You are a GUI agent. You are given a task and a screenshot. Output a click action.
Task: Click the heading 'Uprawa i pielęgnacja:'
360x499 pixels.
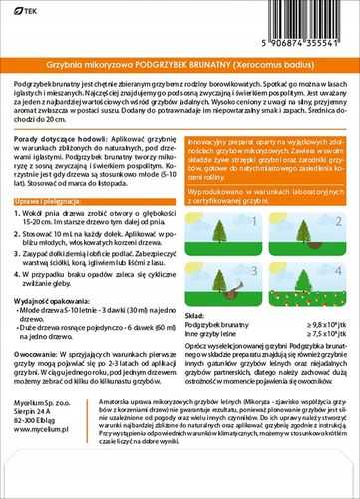click(x=49, y=229)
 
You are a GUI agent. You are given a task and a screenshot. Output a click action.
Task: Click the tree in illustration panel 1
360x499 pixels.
click(x=220, y=230)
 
